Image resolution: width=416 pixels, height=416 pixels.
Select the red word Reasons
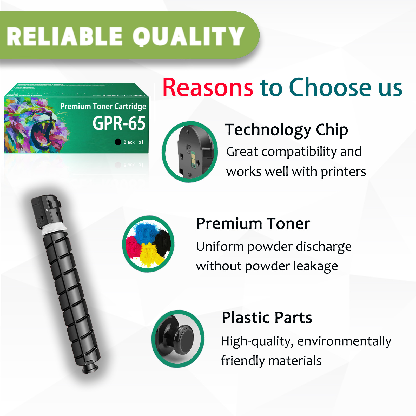point(208,88)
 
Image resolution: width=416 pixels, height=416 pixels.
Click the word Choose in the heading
point(330,88)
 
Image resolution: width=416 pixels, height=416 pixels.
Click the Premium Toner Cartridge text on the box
point(103,106)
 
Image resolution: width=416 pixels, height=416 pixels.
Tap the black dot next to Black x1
point(118,142)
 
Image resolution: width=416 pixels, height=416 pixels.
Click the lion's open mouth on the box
point(42,135)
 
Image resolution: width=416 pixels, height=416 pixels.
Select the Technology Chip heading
point(286,130)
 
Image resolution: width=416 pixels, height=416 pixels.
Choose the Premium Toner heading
point(253,224)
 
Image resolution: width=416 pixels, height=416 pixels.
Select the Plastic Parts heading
point(267,318)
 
